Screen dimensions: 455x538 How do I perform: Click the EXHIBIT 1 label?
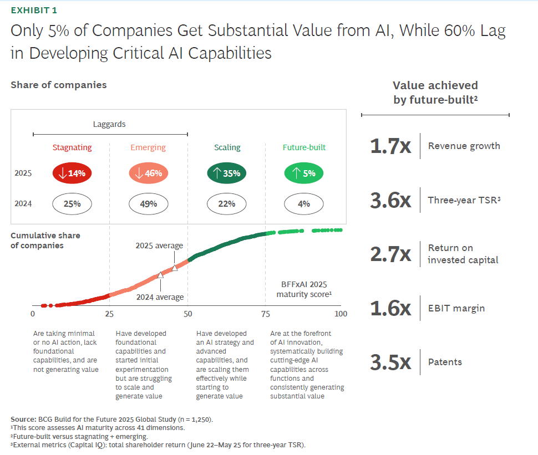coord(33,10)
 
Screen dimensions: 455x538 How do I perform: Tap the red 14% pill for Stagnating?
coord(72,173)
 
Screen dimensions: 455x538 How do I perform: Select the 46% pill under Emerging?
coord(149,173)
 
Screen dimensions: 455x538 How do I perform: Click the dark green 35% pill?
coord(227,173)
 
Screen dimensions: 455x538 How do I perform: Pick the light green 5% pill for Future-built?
coord(304,173)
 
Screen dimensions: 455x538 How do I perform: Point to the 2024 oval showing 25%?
coord(72,204)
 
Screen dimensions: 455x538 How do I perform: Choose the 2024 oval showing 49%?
coord(149,204)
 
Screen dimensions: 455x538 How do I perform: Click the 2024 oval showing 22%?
coord(227,204)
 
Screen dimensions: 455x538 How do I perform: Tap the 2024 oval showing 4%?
coord(304,204)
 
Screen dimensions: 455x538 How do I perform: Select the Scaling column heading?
coord(227,147)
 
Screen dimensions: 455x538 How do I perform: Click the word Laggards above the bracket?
coord(109,124)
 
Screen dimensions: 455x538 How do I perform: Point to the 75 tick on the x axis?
coord(265,314)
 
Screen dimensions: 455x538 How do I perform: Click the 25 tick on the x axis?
coord(109,314)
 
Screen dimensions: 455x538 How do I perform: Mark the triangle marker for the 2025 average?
coord(175,268)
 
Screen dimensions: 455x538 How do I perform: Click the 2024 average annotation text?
coord(160,297)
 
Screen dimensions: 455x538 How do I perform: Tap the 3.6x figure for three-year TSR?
coord(390,201)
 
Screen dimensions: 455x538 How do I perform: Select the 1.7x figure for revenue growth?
coord(390,146)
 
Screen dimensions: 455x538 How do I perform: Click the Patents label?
coord(445,362)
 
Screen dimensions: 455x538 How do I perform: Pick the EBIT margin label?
coord(456,308)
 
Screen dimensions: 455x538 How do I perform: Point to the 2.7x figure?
coord(390,254)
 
